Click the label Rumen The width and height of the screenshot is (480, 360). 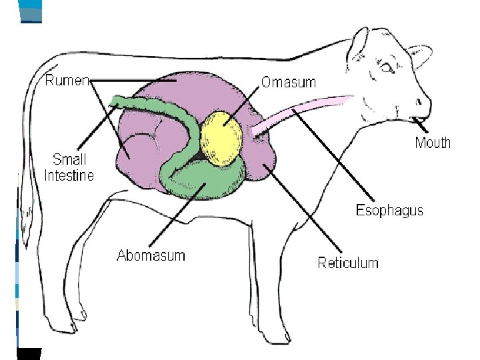pos(67,81)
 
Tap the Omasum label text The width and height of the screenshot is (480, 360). pos(288,82)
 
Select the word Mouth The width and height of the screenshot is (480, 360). pos(433,143)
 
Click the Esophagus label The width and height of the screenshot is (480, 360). pos(389,211)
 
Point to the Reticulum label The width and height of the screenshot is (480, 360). pos(347,263)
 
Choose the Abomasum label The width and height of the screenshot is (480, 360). pos(151,255)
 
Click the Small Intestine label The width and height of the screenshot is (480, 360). pos(69,167)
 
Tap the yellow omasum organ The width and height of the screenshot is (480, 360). pos(223,137)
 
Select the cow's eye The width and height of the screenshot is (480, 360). pos(387,67)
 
